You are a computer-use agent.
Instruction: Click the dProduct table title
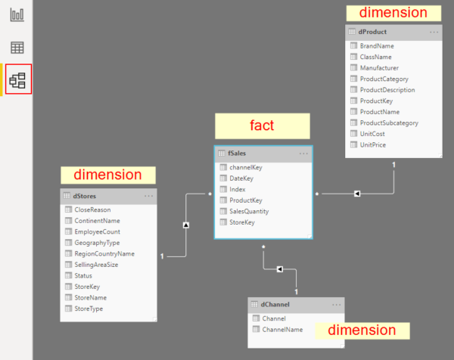click(x=372, y=33)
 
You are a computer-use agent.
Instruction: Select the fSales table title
click(x=237, y=154)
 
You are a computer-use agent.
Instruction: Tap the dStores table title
click(x=85, y=196)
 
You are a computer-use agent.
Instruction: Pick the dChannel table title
click(x=275, y=305)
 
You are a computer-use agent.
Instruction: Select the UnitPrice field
click(x=373, y=144)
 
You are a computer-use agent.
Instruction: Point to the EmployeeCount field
click(x=97, y=231)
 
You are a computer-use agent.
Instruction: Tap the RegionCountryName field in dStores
click(x=104, y=254)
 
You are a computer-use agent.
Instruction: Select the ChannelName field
click(x=281, y=330)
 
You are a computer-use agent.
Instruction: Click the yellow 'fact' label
click(x=262, y=126)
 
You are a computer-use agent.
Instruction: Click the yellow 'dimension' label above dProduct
click(x=393, y=13)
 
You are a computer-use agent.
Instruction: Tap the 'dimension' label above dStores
click(x=107, y=175)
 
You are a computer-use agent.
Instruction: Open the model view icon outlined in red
click(x=17, y=79)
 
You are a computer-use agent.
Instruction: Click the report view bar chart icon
click(x=17, y=15)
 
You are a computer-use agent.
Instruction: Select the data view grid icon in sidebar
click(x=17, y=48)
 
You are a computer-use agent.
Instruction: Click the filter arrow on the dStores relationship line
click(x=185, y=225)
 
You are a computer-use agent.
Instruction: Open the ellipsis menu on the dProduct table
click(x=434, y=33)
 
